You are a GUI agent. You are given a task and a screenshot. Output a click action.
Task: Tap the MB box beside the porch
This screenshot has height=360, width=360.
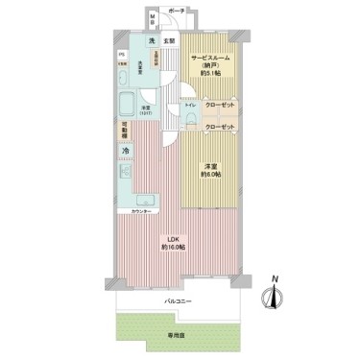[x=154, y=20]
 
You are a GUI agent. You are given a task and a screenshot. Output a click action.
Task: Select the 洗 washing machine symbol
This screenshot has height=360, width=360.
[x=153, y=41]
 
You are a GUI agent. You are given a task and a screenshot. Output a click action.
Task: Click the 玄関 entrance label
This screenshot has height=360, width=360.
[x=169, y=41]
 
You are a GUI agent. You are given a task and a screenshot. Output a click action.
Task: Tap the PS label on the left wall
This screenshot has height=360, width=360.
[x=120, y=55]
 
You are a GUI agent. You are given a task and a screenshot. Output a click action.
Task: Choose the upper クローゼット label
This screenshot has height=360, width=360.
[x=219, y=107]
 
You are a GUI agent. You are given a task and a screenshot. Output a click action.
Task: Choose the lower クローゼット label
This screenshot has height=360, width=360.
[x=219, y=127]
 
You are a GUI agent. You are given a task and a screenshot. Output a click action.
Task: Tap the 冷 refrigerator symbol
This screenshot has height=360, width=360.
[x=124, y=152]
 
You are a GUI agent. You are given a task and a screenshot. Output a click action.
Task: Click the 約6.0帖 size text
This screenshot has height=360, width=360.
[x=210, y=175]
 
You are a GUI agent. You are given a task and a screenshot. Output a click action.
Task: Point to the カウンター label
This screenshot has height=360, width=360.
[x=132, y=210]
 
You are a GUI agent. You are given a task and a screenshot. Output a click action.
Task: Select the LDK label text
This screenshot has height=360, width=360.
[x=174, y=238]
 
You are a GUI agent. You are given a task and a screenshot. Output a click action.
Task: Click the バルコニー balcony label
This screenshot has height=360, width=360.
[x=174, y=300]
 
